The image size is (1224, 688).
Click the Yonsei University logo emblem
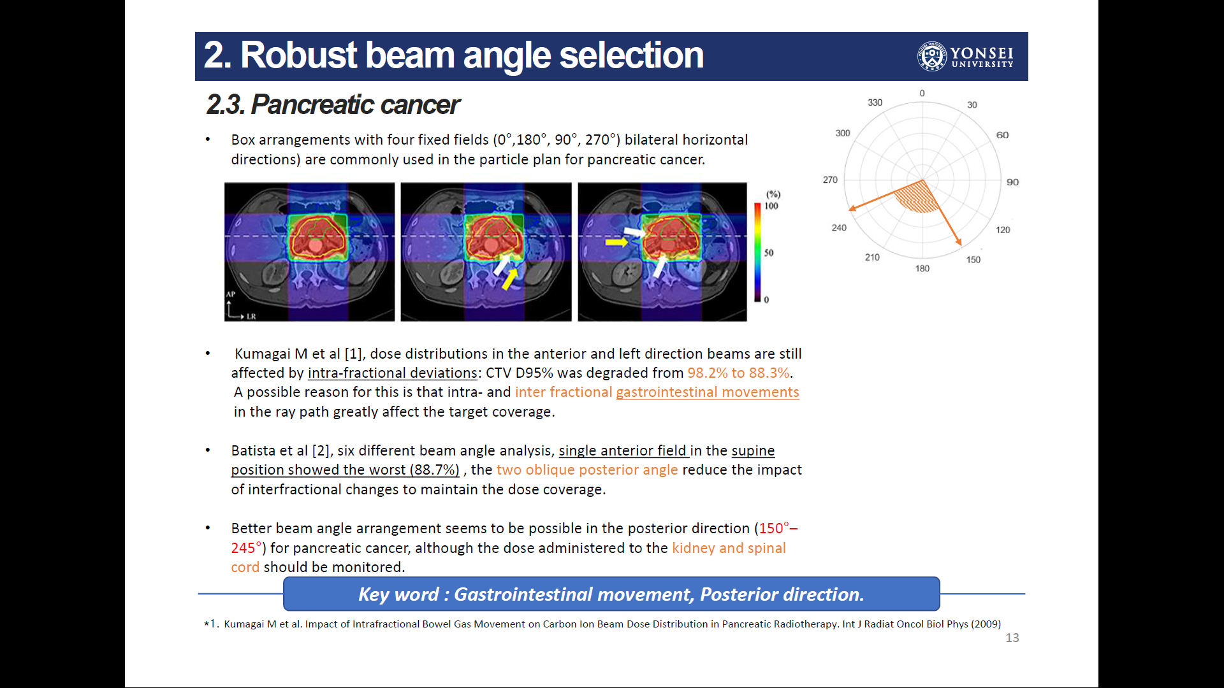(932, 56)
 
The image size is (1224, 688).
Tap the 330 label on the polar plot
(875, 103)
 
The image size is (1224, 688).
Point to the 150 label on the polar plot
(973, 260)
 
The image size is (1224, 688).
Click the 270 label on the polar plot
(830, 180)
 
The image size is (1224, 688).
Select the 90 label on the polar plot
(1012, 182)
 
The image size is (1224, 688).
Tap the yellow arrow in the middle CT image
(509, 279)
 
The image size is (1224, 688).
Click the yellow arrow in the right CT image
(616, 242)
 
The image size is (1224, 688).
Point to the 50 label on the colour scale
(769, 253)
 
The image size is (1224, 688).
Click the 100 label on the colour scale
(771, 206)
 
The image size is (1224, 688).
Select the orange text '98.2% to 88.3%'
(738, 373)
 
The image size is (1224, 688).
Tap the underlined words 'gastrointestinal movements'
(708, 392)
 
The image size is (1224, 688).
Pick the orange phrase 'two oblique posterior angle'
(587, 469)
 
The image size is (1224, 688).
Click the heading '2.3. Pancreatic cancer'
(333, 104)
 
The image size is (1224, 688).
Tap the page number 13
(1012, 638)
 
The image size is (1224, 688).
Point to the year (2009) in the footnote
(986, 624)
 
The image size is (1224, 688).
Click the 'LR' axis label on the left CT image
(251, 317)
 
